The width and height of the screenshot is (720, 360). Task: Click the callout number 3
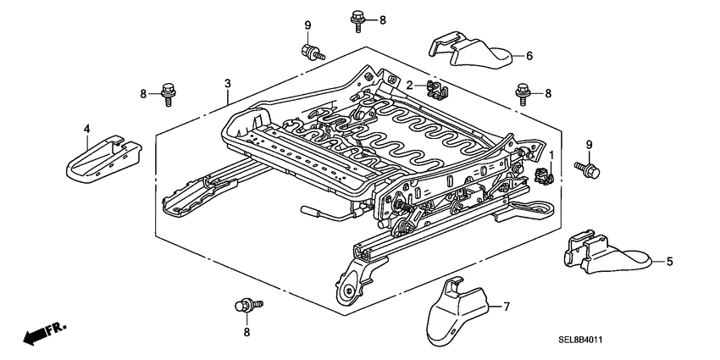tap(227, 82)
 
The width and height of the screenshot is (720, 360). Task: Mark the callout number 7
tap(507, 307)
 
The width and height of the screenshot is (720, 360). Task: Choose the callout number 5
tap(669, 262)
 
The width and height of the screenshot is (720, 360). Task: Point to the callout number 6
tap(529, 57)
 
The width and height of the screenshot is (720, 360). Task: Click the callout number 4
tap(86, 128)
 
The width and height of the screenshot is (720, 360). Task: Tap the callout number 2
tap(408, 85)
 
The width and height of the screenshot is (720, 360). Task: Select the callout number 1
tap(551, 155)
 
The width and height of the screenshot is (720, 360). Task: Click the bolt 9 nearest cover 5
tap(587, 170)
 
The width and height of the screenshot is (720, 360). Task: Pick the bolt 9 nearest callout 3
tap(311, 51)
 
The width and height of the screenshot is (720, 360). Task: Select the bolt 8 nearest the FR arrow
tap(248, 304)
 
